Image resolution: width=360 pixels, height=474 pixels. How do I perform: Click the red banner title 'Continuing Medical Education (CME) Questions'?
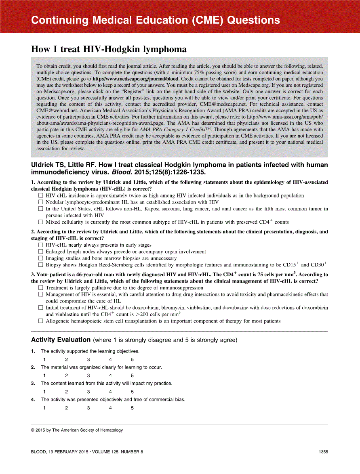point(156,20)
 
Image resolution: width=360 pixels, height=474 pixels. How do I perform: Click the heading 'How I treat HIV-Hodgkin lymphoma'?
point(109,49)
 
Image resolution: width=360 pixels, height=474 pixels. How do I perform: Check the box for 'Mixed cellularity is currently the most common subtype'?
point(40,222)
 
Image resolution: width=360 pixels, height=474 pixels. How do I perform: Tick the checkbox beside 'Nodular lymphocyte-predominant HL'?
point(40,202)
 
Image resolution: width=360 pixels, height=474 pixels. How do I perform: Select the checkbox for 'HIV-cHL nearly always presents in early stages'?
point(40,245)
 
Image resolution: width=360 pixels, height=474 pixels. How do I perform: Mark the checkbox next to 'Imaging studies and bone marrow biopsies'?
point(40,258)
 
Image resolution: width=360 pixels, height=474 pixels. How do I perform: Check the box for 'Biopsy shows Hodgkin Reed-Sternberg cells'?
point(40,265)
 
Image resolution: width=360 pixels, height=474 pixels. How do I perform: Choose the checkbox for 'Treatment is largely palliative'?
point(40,288)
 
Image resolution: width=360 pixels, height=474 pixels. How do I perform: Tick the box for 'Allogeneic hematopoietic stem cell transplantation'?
point(40,321)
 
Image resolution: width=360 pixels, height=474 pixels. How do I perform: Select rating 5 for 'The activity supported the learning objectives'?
point(132,359)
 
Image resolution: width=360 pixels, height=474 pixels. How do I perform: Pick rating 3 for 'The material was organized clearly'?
point(88,375)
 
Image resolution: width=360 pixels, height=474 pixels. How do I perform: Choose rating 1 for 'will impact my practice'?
point(44,392)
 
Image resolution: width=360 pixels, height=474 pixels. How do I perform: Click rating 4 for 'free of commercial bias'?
point(110,408)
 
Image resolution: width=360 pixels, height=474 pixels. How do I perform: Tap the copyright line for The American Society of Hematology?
point(77,430)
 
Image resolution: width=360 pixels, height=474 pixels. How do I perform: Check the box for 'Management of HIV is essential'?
point(40,295)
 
